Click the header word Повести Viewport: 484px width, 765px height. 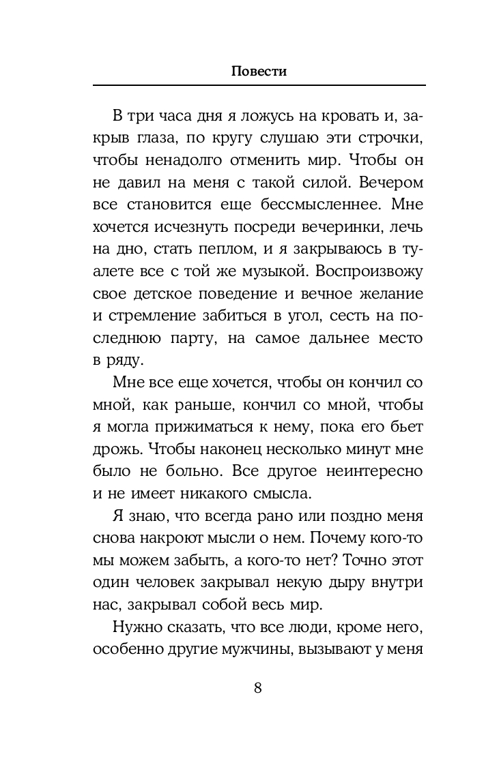[x=258, y=70]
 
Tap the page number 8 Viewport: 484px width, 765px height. [x=257, y=687]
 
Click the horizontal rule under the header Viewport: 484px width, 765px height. [x=258, y=85]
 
